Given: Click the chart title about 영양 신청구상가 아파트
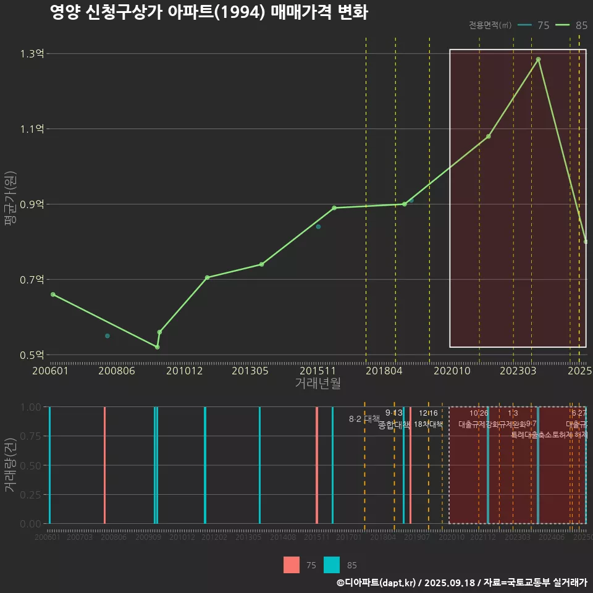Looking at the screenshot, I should pyautogui.click(x=209, y=13).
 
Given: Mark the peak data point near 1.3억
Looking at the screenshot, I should pyautogui.click(x=539, y=59).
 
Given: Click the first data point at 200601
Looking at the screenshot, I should pyautogui.click(x=53, y=295).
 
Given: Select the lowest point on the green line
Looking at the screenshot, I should pyautogui.click(x=158, y=347).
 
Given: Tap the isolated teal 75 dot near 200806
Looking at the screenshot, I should pyautogui.click(x=107, y=336).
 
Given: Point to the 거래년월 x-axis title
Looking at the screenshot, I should pyautogui.click(x=318, y=384).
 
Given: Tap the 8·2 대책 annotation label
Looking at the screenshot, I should pyautogui.click(x=364, y=419).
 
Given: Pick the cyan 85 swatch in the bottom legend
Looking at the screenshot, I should pyautogui.click(x=332, y=565).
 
